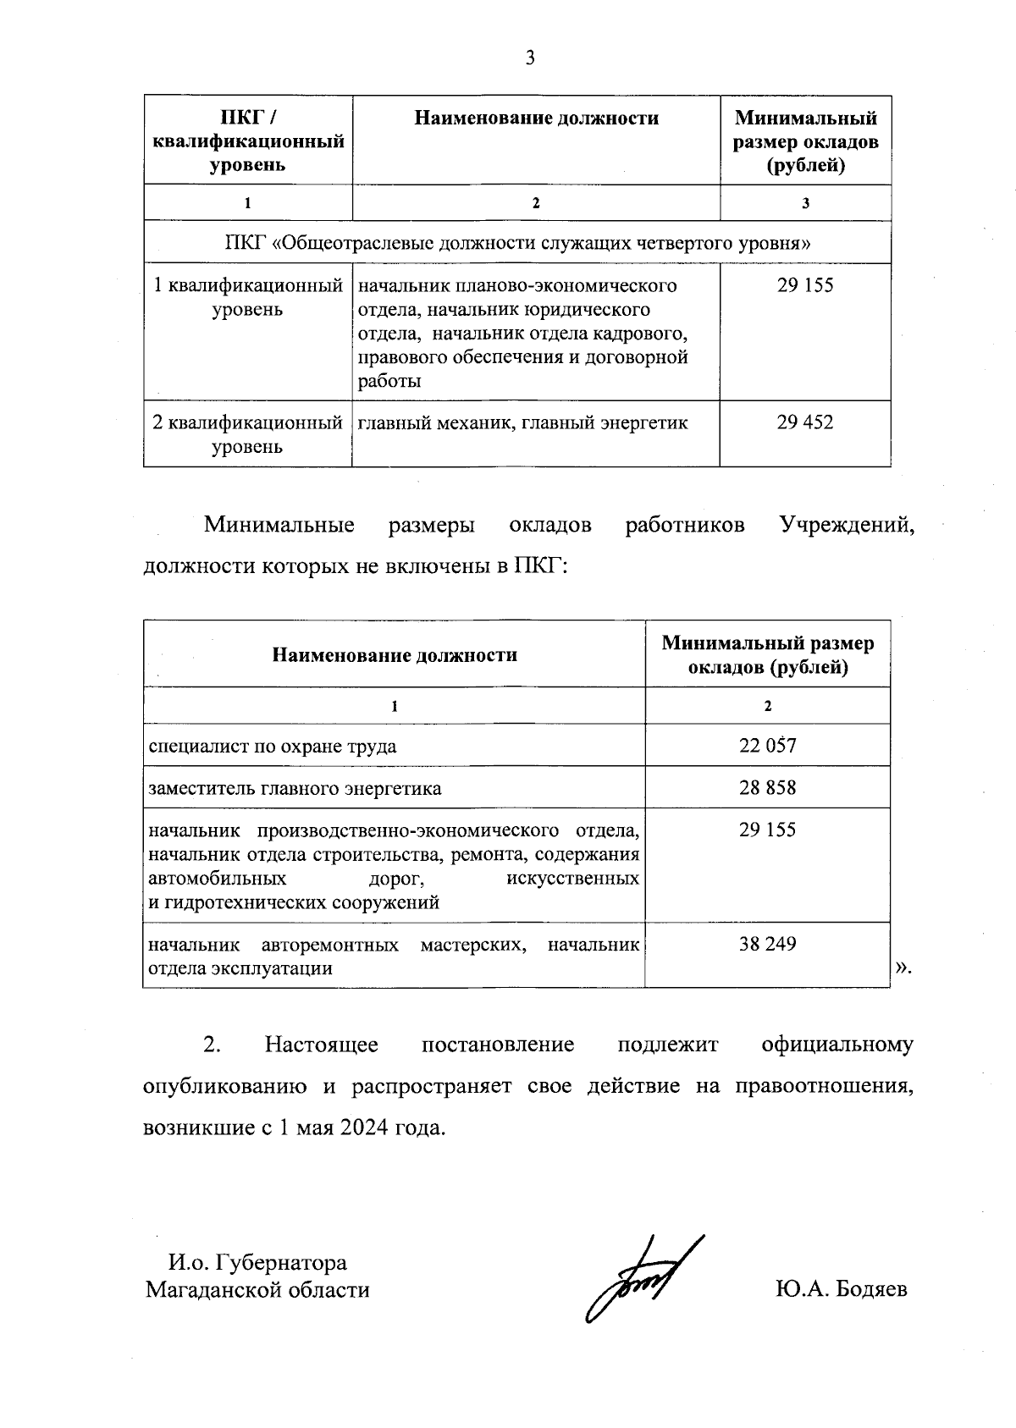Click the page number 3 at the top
coord(530,58)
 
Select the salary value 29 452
coord(804,422)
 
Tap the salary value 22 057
coord(767,745)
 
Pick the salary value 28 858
coord(767,787)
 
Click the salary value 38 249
coord(767,944)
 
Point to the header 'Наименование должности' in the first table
coord(536,118)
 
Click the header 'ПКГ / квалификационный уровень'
coord(247,141)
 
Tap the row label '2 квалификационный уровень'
coord(247,433)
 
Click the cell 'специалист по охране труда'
coord(273,746)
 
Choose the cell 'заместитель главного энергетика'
coord(295,788)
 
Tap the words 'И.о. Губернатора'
coord(258,1263)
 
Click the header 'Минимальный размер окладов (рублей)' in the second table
coord(767,655)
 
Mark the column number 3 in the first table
coord(805,203)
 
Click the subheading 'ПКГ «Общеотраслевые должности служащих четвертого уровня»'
coord(517,243)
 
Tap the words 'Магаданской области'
coord(257,1290)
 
